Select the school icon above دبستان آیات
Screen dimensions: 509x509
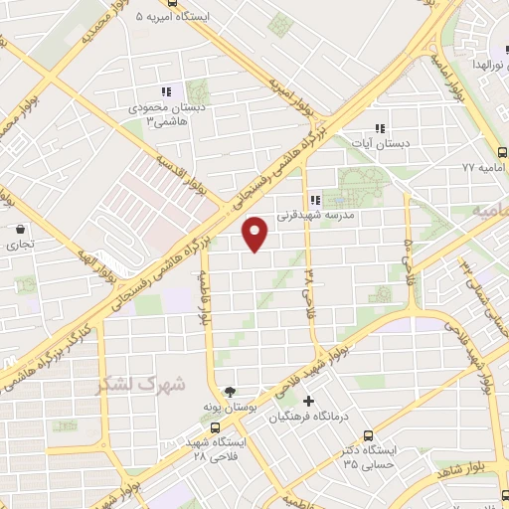[x=379, y=128]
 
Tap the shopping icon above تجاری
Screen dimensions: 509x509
[x=20, y=228]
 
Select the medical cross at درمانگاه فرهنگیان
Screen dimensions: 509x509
[x=308, y=402]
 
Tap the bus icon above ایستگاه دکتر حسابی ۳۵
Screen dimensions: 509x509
[x=369, y=434]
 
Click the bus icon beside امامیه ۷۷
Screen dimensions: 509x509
[x=501, y=153]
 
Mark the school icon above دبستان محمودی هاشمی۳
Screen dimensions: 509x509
[x=166, y=92]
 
